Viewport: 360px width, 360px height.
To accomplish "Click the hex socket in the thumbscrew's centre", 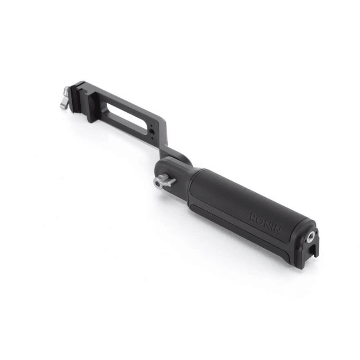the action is pos(158,184).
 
